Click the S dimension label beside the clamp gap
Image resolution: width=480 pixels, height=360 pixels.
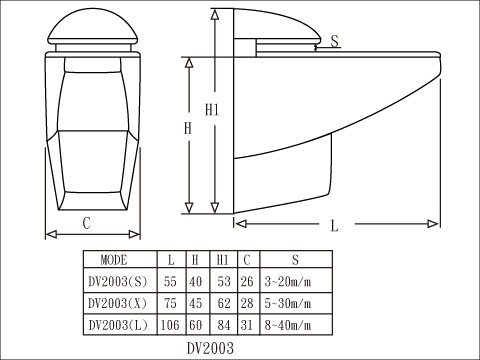click(335, 41)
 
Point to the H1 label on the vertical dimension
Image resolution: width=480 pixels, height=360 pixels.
click(212, 109)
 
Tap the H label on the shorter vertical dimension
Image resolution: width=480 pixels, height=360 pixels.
click(188, 128)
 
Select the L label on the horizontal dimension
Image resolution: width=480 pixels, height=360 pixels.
click(334, 226)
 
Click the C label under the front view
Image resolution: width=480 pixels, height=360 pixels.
click(86, 223)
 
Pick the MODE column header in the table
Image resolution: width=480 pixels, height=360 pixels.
click(114, 260)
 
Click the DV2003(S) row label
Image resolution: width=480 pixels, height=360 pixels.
click(117, 282)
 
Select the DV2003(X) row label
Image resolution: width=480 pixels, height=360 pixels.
click(117, 303)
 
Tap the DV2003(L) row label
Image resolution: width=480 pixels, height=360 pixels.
click(118, 325)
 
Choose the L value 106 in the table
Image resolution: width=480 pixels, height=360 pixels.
click(170, 325)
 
